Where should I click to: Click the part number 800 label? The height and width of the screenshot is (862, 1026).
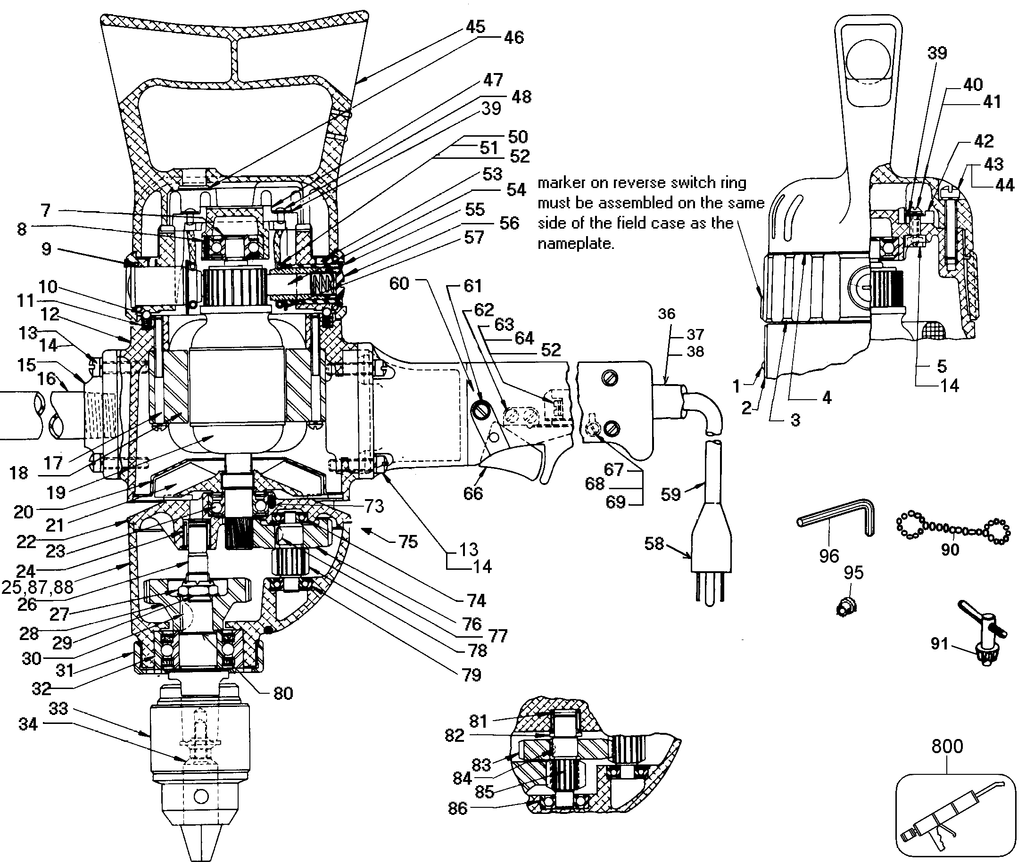pos(947,746)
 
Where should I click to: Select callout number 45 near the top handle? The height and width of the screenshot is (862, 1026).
pos(475,26)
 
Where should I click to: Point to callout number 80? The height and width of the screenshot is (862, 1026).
pos(283,692)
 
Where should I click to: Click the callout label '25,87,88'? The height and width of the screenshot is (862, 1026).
pos(37,587)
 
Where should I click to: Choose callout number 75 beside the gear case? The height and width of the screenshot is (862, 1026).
pos(408,542)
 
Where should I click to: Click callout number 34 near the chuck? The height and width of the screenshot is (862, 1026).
pos(28,724)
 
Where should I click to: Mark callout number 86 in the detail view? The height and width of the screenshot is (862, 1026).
pos(457,808)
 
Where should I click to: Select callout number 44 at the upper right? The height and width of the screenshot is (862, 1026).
pos(1004,185)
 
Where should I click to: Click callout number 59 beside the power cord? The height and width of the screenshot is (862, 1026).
pos(670,494)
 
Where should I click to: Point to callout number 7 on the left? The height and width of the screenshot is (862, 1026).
pos(45,211)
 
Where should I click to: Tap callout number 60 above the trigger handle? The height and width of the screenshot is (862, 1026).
pos(399,283)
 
